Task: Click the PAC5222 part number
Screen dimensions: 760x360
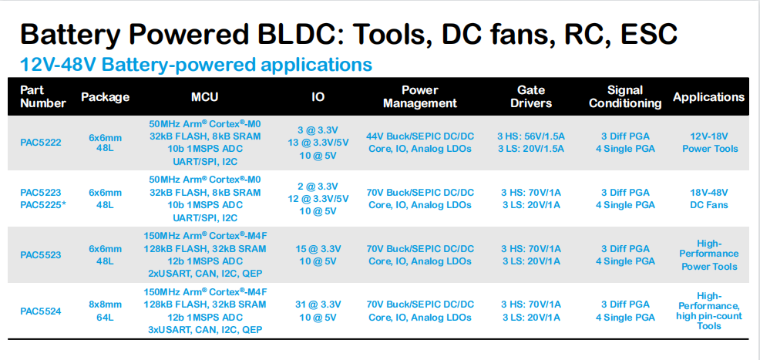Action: (x=41, y=143)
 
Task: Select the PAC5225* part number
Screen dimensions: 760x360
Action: (x=43, y=204)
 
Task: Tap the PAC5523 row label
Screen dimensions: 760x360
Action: (x=41, y=255)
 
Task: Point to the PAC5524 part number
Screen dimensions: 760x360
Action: (x=41, y=311)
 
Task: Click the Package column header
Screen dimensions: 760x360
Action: (x=105, y=97)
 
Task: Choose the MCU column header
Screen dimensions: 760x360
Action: (x=204, y=96)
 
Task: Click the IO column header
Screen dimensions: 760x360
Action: (x=318, y=96)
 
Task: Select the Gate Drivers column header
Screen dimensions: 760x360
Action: (x=531, y=96)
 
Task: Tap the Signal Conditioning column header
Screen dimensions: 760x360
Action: (x=625, y=96)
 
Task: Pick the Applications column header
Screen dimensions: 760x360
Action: (x=708, y=97)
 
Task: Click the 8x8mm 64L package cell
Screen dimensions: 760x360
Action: (x=105, y=311)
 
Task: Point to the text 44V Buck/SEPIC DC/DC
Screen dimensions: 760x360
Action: (x=420, y=136)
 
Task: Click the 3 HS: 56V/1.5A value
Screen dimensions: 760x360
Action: (x=532, y=136)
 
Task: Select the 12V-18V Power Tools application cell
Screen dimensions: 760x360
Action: (x=710, y=143)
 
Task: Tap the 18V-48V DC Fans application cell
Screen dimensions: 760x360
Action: (x=709, y=199)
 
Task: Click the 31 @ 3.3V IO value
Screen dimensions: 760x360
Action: (x=319, y=304)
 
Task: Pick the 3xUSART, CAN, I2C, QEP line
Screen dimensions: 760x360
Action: (x=205, y=330)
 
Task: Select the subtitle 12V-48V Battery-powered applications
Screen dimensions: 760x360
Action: (x=196, y=64)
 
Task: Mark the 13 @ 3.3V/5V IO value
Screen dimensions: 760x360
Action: (x=319, y=143)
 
